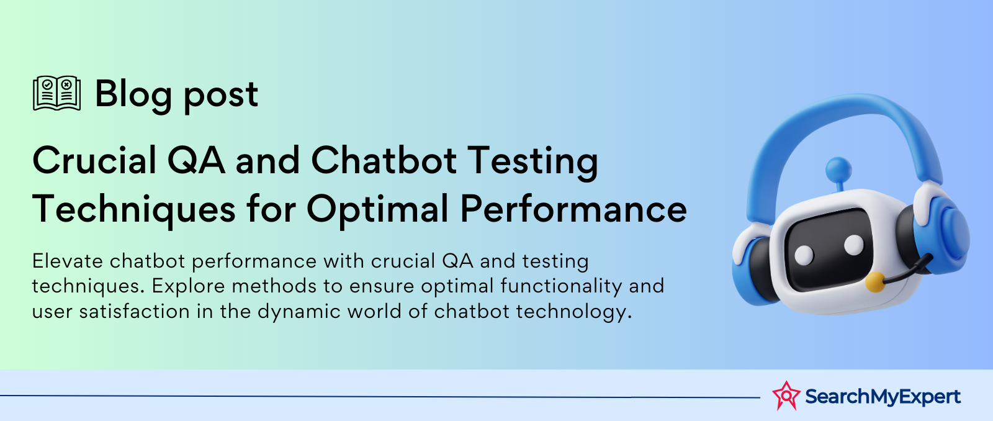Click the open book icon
[56, 93]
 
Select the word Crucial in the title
[94, 160]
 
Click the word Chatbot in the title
[384, 160]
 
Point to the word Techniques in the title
[134, 210]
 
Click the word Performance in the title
[573, 209]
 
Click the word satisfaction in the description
[135, 312]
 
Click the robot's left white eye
[804, 255]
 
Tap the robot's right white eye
[854, 245]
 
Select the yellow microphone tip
[875, 282]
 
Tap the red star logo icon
[786, 396]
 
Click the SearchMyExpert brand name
[883, 397]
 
